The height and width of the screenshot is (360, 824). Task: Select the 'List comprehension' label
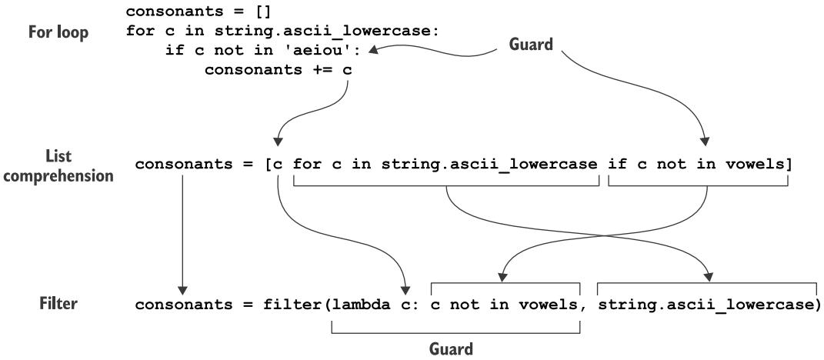click(65, 165)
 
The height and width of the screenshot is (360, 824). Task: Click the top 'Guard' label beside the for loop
click(531, 45)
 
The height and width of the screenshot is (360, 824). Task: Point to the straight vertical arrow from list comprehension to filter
click(182, 231)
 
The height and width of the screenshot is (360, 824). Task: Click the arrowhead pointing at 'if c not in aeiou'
click(374, 52)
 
